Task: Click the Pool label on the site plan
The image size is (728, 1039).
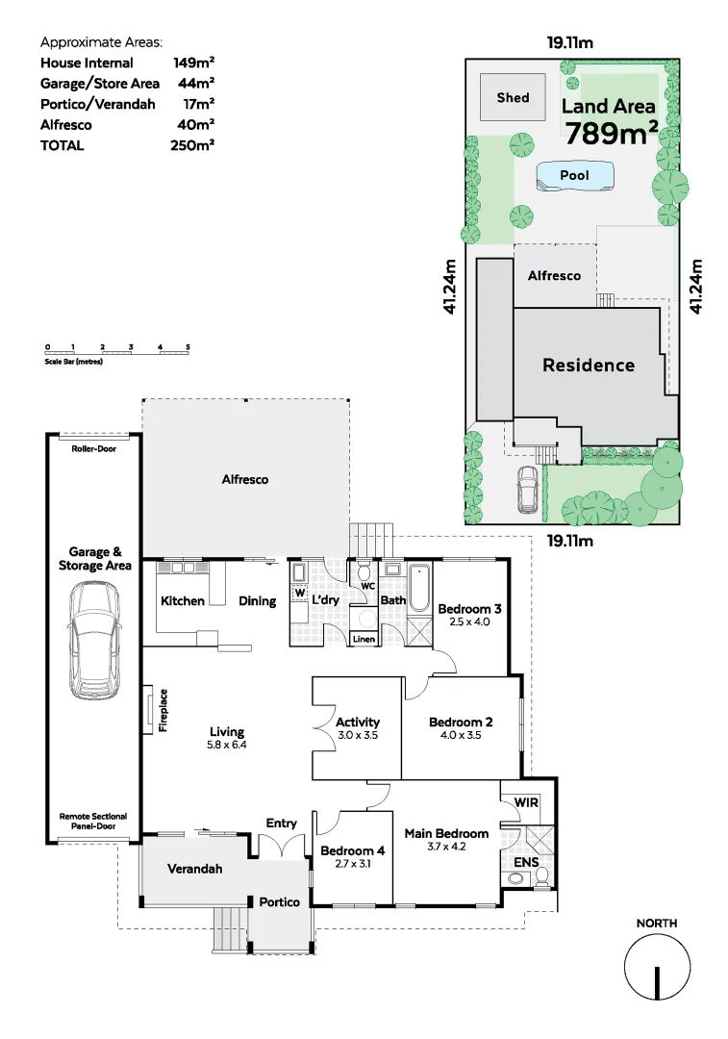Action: coord(574,176)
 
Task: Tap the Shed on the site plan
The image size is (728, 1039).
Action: coord(513,97)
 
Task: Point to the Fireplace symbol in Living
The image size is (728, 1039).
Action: coord(148,710)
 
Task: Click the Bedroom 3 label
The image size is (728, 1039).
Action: coord(469,608)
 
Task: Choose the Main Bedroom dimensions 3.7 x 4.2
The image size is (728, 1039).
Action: coord(446,847)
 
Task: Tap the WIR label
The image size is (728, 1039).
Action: coord(526,801)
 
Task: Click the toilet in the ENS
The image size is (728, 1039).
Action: coord(541,875)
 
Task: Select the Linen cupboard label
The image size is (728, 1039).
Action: coord(364,639)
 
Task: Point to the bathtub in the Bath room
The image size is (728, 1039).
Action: coord(420,588)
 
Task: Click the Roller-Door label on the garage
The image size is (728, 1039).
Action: coord(93,448)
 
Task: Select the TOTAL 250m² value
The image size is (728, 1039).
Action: coord(193,145)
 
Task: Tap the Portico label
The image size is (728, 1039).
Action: coord(279,902)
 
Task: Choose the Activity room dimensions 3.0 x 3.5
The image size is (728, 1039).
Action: coord(357,735)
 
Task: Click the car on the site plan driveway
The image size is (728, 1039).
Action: coord(527,489)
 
